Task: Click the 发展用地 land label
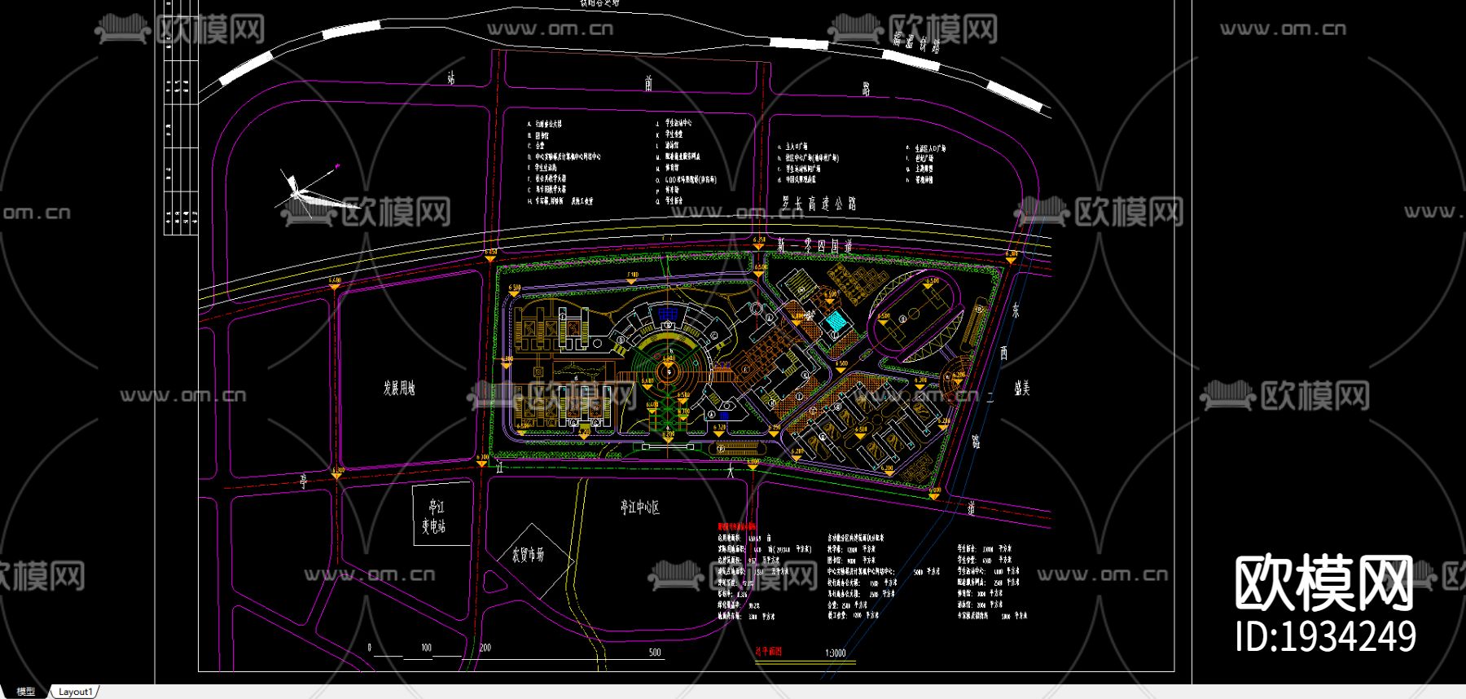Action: point(399,388)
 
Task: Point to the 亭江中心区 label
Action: point(639,508)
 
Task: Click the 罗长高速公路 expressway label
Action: point(819,204)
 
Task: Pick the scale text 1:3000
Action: point(835,653)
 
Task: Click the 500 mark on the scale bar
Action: point(655,652)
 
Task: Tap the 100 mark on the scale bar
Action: point(426,648)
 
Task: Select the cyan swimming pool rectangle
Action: point(836,321)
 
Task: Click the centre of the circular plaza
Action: point(669,372)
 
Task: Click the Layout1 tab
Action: point(76,692)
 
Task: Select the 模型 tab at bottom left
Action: point(26,692)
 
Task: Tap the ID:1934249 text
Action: point(1325,636)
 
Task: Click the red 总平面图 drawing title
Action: point(768,652)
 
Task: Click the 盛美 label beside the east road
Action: point(1021,389)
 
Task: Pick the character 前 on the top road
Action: point(648,83)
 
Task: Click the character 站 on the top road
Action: point(450,78)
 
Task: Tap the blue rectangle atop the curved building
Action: point(669,314)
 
